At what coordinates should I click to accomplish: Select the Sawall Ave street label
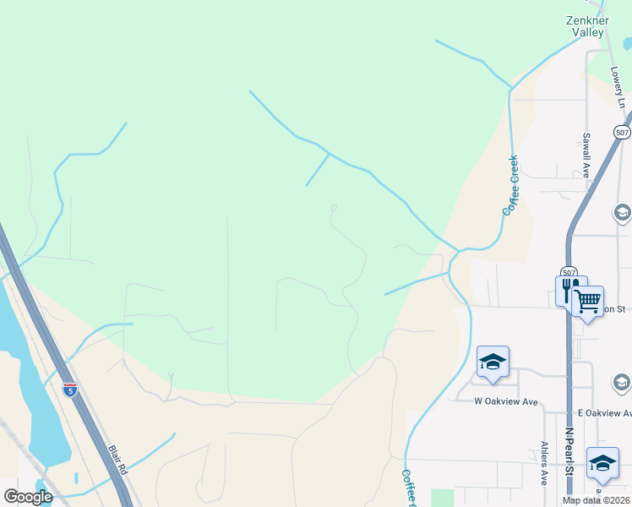pos(585,154)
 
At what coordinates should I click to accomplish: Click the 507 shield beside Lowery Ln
pos(622,133)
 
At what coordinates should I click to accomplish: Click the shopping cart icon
pos(587,300)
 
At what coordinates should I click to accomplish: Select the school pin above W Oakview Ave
pos(493,362)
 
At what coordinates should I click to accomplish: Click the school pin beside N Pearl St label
pos(602,462)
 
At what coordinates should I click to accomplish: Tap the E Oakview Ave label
pos(604,413)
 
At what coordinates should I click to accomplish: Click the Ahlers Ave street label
pos(544,463)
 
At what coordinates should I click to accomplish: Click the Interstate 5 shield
pos(70,390)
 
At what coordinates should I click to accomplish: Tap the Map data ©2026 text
pos(597,500)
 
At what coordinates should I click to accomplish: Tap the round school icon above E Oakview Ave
pos(624,384)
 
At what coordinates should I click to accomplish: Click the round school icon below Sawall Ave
pos(623,212)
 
